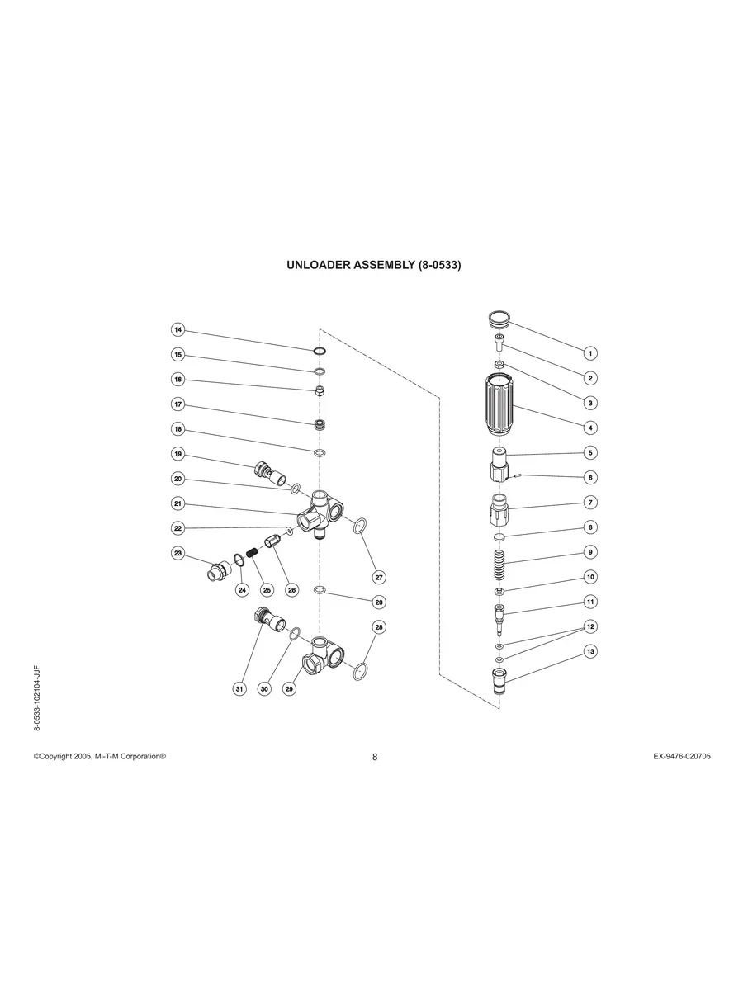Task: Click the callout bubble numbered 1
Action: pos(590,353)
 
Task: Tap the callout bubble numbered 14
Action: pos(178,330)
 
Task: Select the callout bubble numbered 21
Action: pos(178,503)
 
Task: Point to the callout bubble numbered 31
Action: pos(239,688)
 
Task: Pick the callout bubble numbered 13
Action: pos(590,651)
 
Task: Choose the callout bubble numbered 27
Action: pos(379,577)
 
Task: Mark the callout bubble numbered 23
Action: pos(178,553)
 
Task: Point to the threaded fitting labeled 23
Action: pos(218,570)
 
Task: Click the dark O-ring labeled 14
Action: pos(320,352)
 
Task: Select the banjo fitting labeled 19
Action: pos(273,475)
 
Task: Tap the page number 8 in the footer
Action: pos(374,757)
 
